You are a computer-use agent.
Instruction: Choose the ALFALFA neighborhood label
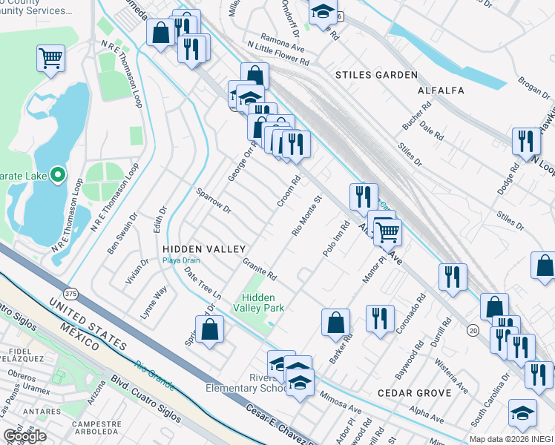[441, 90]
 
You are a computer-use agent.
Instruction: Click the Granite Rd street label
[260, 269]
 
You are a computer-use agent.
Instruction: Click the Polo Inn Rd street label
[335, 239]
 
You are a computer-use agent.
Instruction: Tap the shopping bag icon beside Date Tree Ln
[211, 329]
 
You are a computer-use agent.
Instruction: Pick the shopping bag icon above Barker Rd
[335, 321]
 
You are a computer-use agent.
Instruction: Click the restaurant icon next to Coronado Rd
[380, 318]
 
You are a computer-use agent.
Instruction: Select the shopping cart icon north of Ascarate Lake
[50, 57]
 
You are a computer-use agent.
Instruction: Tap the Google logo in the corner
[24, 435]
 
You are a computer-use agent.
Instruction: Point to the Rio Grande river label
[155, 375]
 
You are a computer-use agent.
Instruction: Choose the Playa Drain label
[180, 260]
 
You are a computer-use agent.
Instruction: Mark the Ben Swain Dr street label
[122, 234]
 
